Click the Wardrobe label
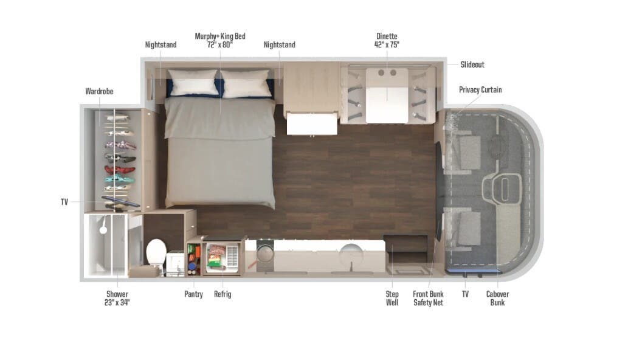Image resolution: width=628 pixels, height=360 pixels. tap(99, 92)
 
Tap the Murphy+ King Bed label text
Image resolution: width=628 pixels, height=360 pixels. tap(220, 41)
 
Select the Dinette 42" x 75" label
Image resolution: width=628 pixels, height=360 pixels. tap(386, 41)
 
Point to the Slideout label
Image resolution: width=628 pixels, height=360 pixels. tap(472, 64)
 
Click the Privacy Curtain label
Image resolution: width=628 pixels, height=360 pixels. tap(480, 90)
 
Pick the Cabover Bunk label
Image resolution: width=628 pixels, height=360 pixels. tap(497, 298)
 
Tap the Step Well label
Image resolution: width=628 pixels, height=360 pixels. tap(392, 298)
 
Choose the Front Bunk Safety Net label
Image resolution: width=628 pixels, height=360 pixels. tap(428, 298)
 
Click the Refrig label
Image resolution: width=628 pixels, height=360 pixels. tap(223, 294)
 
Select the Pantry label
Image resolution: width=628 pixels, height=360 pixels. tap(194, 294)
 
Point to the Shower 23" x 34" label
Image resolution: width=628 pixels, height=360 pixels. tap(117, 298)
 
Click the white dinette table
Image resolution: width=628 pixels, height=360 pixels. tap(386, 97)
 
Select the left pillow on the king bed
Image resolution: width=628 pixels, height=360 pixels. tap(193, 82)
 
